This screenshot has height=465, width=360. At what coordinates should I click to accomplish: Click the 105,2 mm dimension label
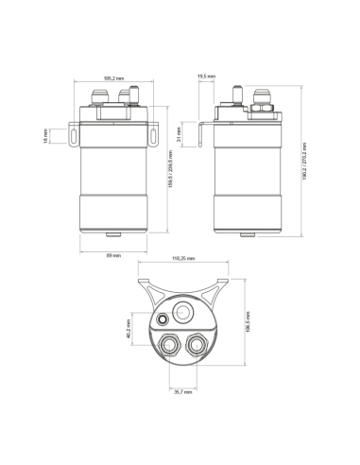tap(115, 78)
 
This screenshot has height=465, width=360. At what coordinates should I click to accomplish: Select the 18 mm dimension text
tap(46, 136)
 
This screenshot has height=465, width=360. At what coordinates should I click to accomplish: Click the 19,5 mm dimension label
tap(204, 75)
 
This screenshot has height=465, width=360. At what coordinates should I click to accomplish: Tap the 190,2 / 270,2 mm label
tap(306, 162)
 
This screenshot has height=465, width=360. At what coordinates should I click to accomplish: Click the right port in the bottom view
tap(198, 346)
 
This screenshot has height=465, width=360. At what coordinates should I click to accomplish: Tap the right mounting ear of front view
tap(153, 136)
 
